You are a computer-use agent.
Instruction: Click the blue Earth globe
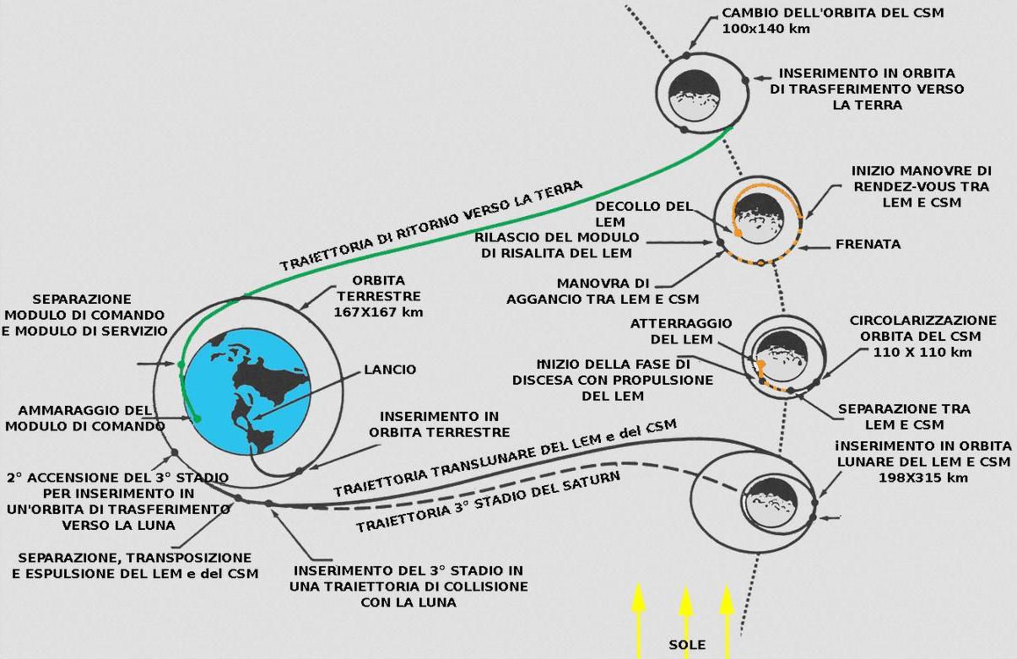(x=247, y=392)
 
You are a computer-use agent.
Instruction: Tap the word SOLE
(x=687, y=645)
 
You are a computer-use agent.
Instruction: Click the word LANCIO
(x=390, y=370)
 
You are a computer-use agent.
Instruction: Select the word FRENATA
(x=868, y=244)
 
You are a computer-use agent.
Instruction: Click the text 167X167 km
(x=378, y=312)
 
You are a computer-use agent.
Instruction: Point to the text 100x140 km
(x=766, y=29)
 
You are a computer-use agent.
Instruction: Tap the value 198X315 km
(x=923, y=478)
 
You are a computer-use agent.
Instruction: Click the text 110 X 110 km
(x=922, y=352)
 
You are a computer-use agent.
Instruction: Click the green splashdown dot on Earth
(x=197, y=419)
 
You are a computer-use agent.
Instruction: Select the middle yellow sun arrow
(x=685, y=623)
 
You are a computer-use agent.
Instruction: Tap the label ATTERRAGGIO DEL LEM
(x=681, y=332)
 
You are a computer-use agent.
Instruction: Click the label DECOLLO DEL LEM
(x=644, y=214)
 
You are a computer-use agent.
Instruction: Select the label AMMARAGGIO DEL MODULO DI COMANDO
(x=85, y=419)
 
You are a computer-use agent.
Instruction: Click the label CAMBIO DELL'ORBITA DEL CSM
(x=833, y=13)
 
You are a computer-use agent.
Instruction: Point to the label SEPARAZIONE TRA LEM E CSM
(x=904, y=417)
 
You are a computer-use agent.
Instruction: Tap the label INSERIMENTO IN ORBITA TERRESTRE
(x=440, y=424)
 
